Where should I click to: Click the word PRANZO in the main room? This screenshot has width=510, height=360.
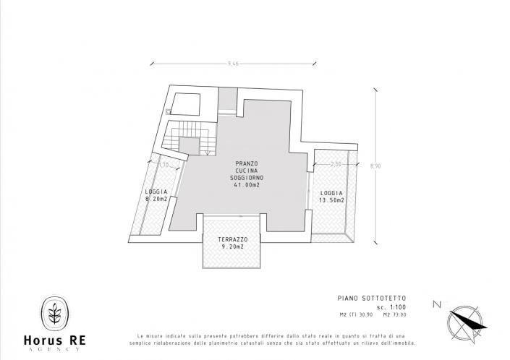[247, 164]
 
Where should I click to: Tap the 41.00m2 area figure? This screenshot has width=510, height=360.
[247, 186]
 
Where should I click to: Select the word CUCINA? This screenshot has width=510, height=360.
[247, 171]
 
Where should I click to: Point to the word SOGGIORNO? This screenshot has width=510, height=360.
[247, 179]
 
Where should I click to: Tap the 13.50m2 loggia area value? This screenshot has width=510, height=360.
[331, 200]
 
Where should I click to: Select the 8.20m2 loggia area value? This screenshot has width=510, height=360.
[156, 198]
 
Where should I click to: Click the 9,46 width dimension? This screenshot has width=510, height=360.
[233, 64]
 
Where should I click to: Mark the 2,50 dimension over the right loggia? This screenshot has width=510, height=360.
[336, 165]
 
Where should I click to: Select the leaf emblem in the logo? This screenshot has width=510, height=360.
[54, 314]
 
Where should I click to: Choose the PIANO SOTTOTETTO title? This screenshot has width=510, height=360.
[373, 297]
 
